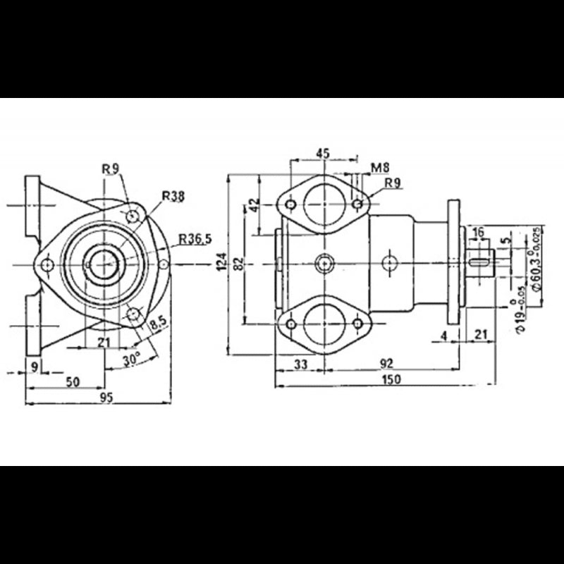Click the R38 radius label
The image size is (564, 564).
coord(173,197)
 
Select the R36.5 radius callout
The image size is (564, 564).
coord(195,238)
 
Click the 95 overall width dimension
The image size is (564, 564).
coord(106,398)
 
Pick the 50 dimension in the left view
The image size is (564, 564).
coord(73,381)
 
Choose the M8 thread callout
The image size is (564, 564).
coord(381,167)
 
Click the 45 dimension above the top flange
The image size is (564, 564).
coord(323,153)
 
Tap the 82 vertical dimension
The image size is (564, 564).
coord(240,263)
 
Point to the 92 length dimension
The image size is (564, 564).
coord(386,363)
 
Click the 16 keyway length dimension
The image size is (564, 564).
coord(479,232)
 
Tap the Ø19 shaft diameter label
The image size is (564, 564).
coord(520,314)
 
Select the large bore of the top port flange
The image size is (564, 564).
coord(324,204)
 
